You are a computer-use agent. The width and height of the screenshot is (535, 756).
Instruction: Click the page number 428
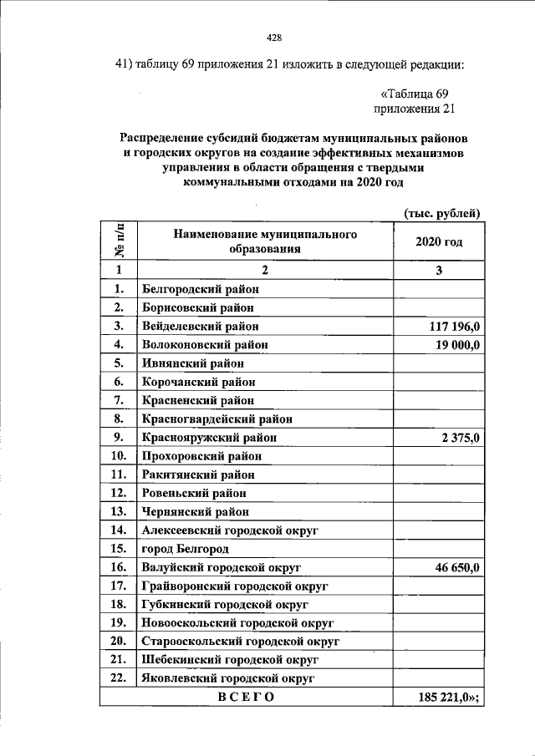273,38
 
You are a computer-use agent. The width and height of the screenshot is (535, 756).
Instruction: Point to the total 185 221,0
450,697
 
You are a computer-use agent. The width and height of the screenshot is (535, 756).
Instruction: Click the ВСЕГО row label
246,697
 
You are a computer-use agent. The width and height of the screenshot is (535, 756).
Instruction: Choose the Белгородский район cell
201,289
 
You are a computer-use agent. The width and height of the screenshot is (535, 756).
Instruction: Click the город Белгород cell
186,549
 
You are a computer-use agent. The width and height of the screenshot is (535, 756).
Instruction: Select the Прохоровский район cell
201,456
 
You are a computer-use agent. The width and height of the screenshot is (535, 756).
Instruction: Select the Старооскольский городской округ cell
241,641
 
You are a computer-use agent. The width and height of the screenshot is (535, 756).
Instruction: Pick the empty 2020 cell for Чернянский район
438,511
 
